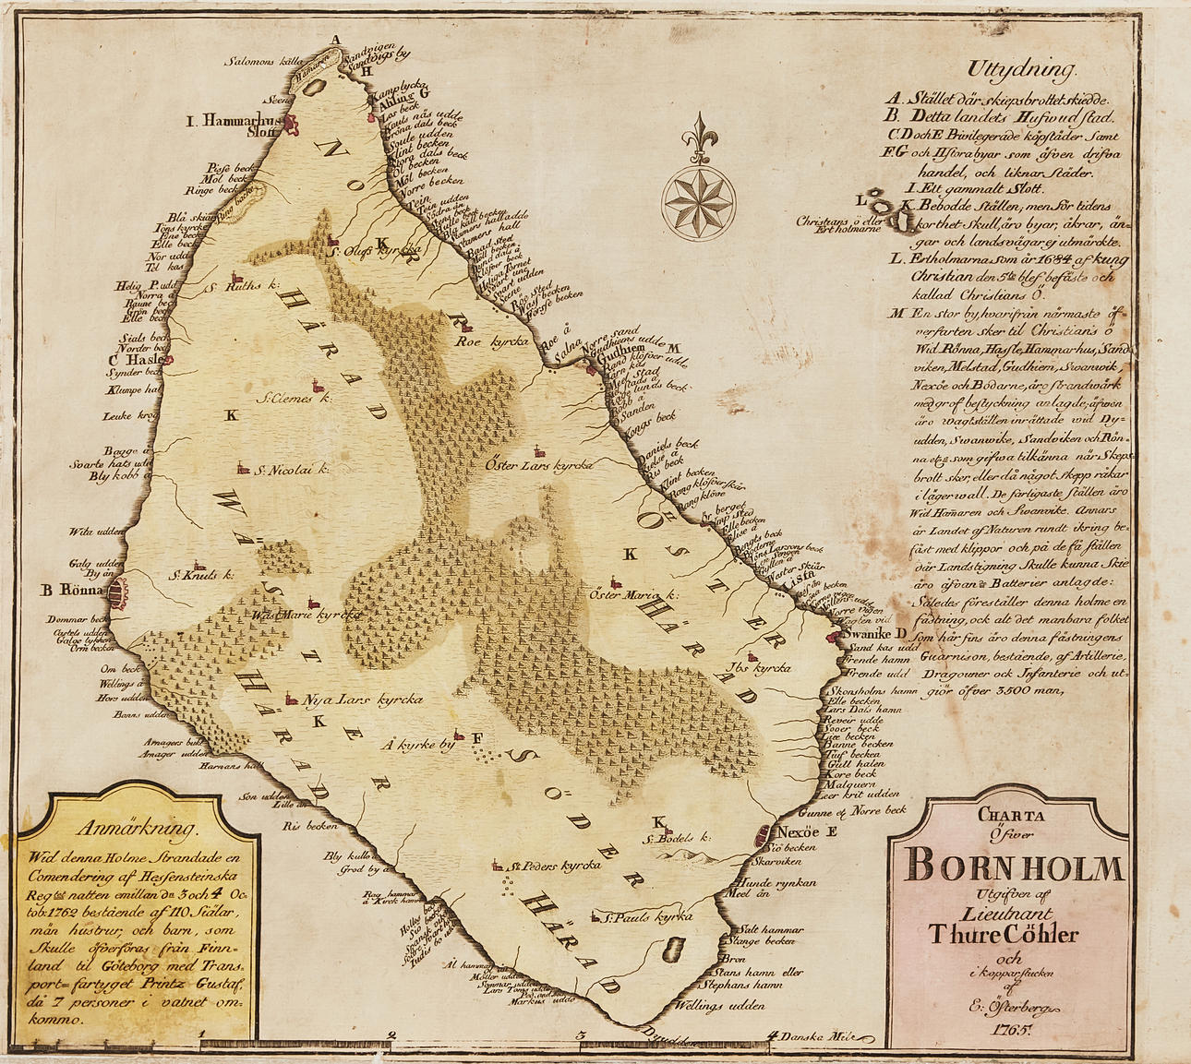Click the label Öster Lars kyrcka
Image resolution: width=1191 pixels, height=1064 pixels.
coord(537,466)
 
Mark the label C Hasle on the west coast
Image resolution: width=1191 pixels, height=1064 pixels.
coord(135,360)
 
